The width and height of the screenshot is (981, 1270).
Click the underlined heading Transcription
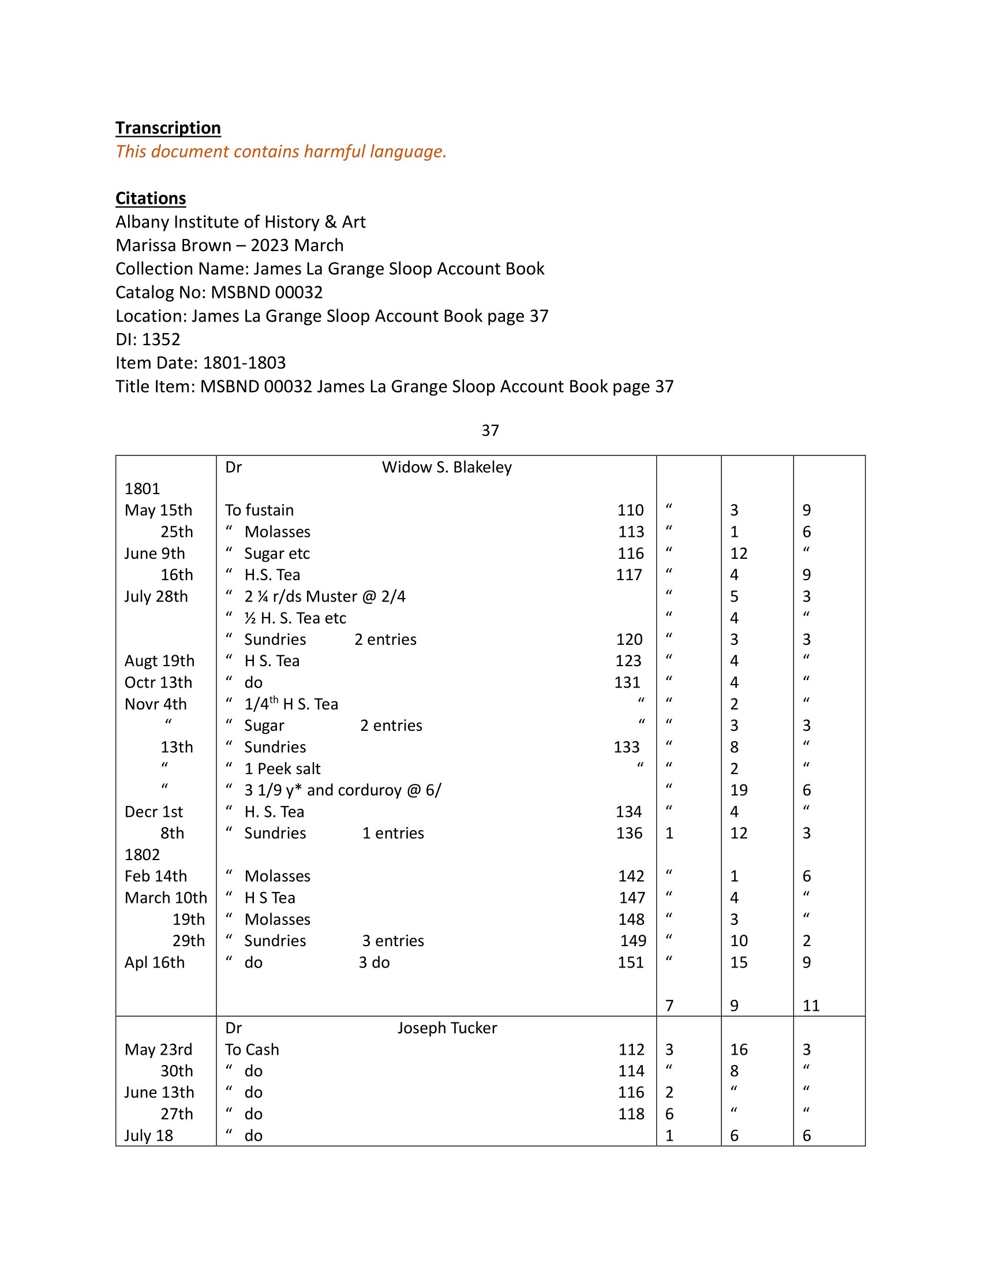(x=167, y=128)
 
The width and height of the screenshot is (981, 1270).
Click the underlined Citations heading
(x=151, y=198)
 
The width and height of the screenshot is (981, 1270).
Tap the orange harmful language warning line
(x=280, y=151)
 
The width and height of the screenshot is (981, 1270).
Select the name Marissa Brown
(x=173, y=245)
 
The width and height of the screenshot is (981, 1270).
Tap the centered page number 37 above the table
(x=490, y=430)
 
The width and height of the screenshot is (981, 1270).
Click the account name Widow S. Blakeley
(x=446, y=467)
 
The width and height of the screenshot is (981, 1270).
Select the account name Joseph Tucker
(x=447, y=1028)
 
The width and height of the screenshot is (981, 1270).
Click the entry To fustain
(x=259, y=510)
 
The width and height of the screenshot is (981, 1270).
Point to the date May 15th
(x=158, y=510)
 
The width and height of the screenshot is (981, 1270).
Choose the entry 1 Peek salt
(x=282, y=769)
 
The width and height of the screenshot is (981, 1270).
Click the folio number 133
(x=626, y=747)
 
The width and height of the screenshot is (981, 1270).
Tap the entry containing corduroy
(x=342, y=790)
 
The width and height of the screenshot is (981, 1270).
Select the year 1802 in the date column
(x=142, y=855)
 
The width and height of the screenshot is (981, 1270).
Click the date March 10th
(x=166, y=898)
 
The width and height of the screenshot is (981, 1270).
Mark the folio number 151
(x=630, y=962)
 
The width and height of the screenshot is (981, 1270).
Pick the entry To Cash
(x=252, y=1049)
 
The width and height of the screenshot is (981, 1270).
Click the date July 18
(x=148, y=1135)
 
